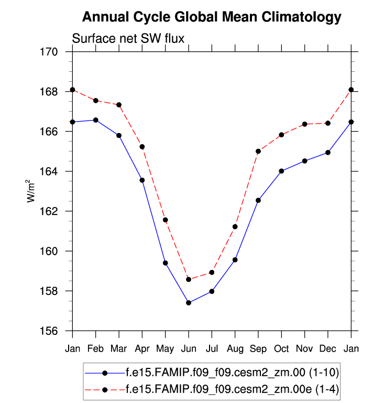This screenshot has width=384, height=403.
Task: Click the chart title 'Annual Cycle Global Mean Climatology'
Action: (212, 17)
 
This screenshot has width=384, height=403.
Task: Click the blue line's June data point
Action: (189, 303)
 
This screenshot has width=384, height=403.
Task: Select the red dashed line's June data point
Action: (189, 279)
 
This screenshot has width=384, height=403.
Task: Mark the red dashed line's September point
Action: (258, 151)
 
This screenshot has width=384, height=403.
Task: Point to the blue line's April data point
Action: (142, 180)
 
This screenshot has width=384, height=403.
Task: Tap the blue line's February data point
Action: (95, 120)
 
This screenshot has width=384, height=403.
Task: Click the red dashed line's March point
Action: (119, 105)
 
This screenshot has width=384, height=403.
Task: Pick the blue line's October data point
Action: (281, 171)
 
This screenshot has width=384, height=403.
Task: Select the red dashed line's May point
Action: (165, 220)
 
